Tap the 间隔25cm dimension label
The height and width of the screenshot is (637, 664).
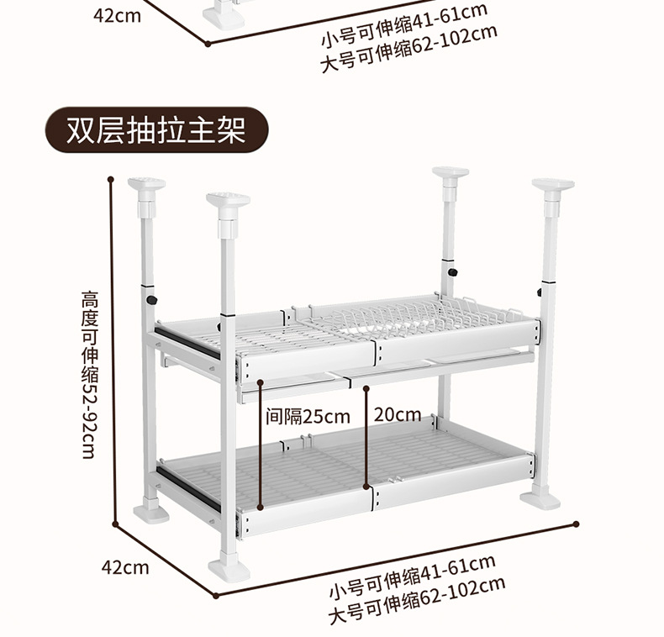click(x=308, y=416)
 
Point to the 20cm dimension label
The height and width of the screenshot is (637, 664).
click(x=398, y=414)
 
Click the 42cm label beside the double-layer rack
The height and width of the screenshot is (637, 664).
click(x=125, y=566)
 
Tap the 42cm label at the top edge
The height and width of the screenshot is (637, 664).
click(x=117, y=15)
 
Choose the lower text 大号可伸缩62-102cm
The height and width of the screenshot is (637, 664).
click(x=417, y=598)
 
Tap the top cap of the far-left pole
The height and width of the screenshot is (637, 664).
click(x=146, y=184)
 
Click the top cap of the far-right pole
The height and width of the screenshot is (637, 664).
click(x=552, y=185)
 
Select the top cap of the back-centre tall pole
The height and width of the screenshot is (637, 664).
click(x=451, y=174)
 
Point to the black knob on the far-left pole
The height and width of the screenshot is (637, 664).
click(x=152, y=300)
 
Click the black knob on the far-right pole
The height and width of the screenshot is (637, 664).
click(x=538, y=292)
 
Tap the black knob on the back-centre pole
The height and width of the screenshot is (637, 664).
click(x=452, y=272)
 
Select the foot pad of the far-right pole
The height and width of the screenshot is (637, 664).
click(x=540, y=499)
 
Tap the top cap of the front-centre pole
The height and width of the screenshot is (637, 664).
click(x=229, y=201)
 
